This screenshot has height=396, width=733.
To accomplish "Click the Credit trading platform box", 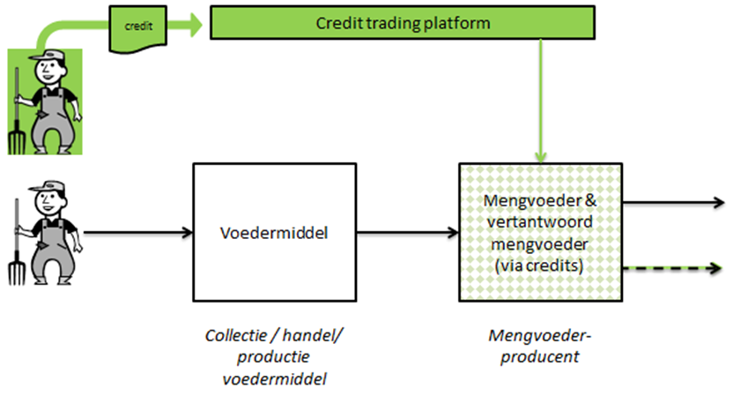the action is pyautogui.click(x=403, y=22).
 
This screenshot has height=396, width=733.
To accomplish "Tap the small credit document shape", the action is pyautogui.click(x=138, y=29).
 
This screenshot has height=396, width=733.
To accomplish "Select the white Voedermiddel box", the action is pyautogui.click(x=275, y=232).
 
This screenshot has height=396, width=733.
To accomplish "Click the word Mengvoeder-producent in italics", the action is pyautogui.click(x=540, y=346).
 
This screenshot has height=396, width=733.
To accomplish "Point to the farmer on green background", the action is pyautogui.click(x=45, y=101).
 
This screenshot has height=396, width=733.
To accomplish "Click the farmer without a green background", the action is pyautogui.click(x=46, y=233).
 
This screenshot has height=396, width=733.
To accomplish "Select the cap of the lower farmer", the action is pyautogui.click(x=48, y=186).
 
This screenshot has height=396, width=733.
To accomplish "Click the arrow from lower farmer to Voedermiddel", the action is pyautogui.click(x=138, y=232).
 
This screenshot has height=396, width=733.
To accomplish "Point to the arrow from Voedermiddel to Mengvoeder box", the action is pyautogui.click(x=408, y=232).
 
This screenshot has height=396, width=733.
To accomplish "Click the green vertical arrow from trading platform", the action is pyautogui.click(x=541, y=101).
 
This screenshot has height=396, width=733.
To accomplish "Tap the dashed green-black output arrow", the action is pyautogui.click(x=673, y=268).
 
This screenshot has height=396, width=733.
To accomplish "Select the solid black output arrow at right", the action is pyautogui.click(x=674, y=202).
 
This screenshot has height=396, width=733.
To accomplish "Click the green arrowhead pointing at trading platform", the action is pyautogui.click(x=195, y=25).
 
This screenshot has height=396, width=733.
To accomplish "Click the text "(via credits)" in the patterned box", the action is pyautogui.click(x=539, y=265).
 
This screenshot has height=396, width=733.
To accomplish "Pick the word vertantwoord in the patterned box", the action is pyautogui.click(x=539, y=221).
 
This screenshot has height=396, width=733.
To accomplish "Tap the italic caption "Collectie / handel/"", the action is pyautogui.click(x=274, y=335).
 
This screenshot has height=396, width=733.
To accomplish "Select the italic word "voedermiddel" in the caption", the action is pyautogui.click(x=274, y=378).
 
